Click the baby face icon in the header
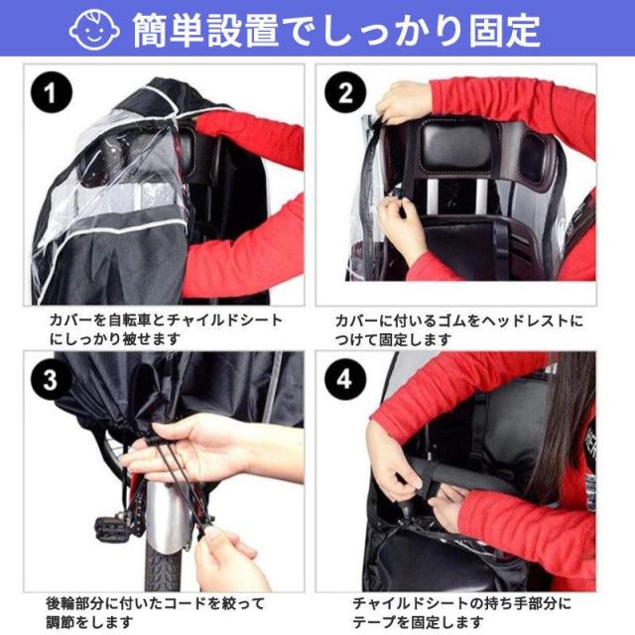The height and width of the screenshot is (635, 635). [x=94, y=30]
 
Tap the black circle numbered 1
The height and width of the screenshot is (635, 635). [x=52, y=92]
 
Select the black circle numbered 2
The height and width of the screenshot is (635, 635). [x=345, y=92]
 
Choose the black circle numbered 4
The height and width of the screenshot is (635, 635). [x=345, y=379]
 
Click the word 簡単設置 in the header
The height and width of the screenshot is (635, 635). [x=205, y=30]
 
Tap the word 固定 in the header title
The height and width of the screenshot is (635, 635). [x=505, y=31]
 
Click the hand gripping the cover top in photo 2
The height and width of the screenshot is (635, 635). [x=400, y=102]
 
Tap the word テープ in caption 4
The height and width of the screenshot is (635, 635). [x=374, y=622]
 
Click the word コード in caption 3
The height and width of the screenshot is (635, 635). [x=186, y=603]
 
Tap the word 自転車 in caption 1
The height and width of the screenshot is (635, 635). [x=130, y=320]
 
